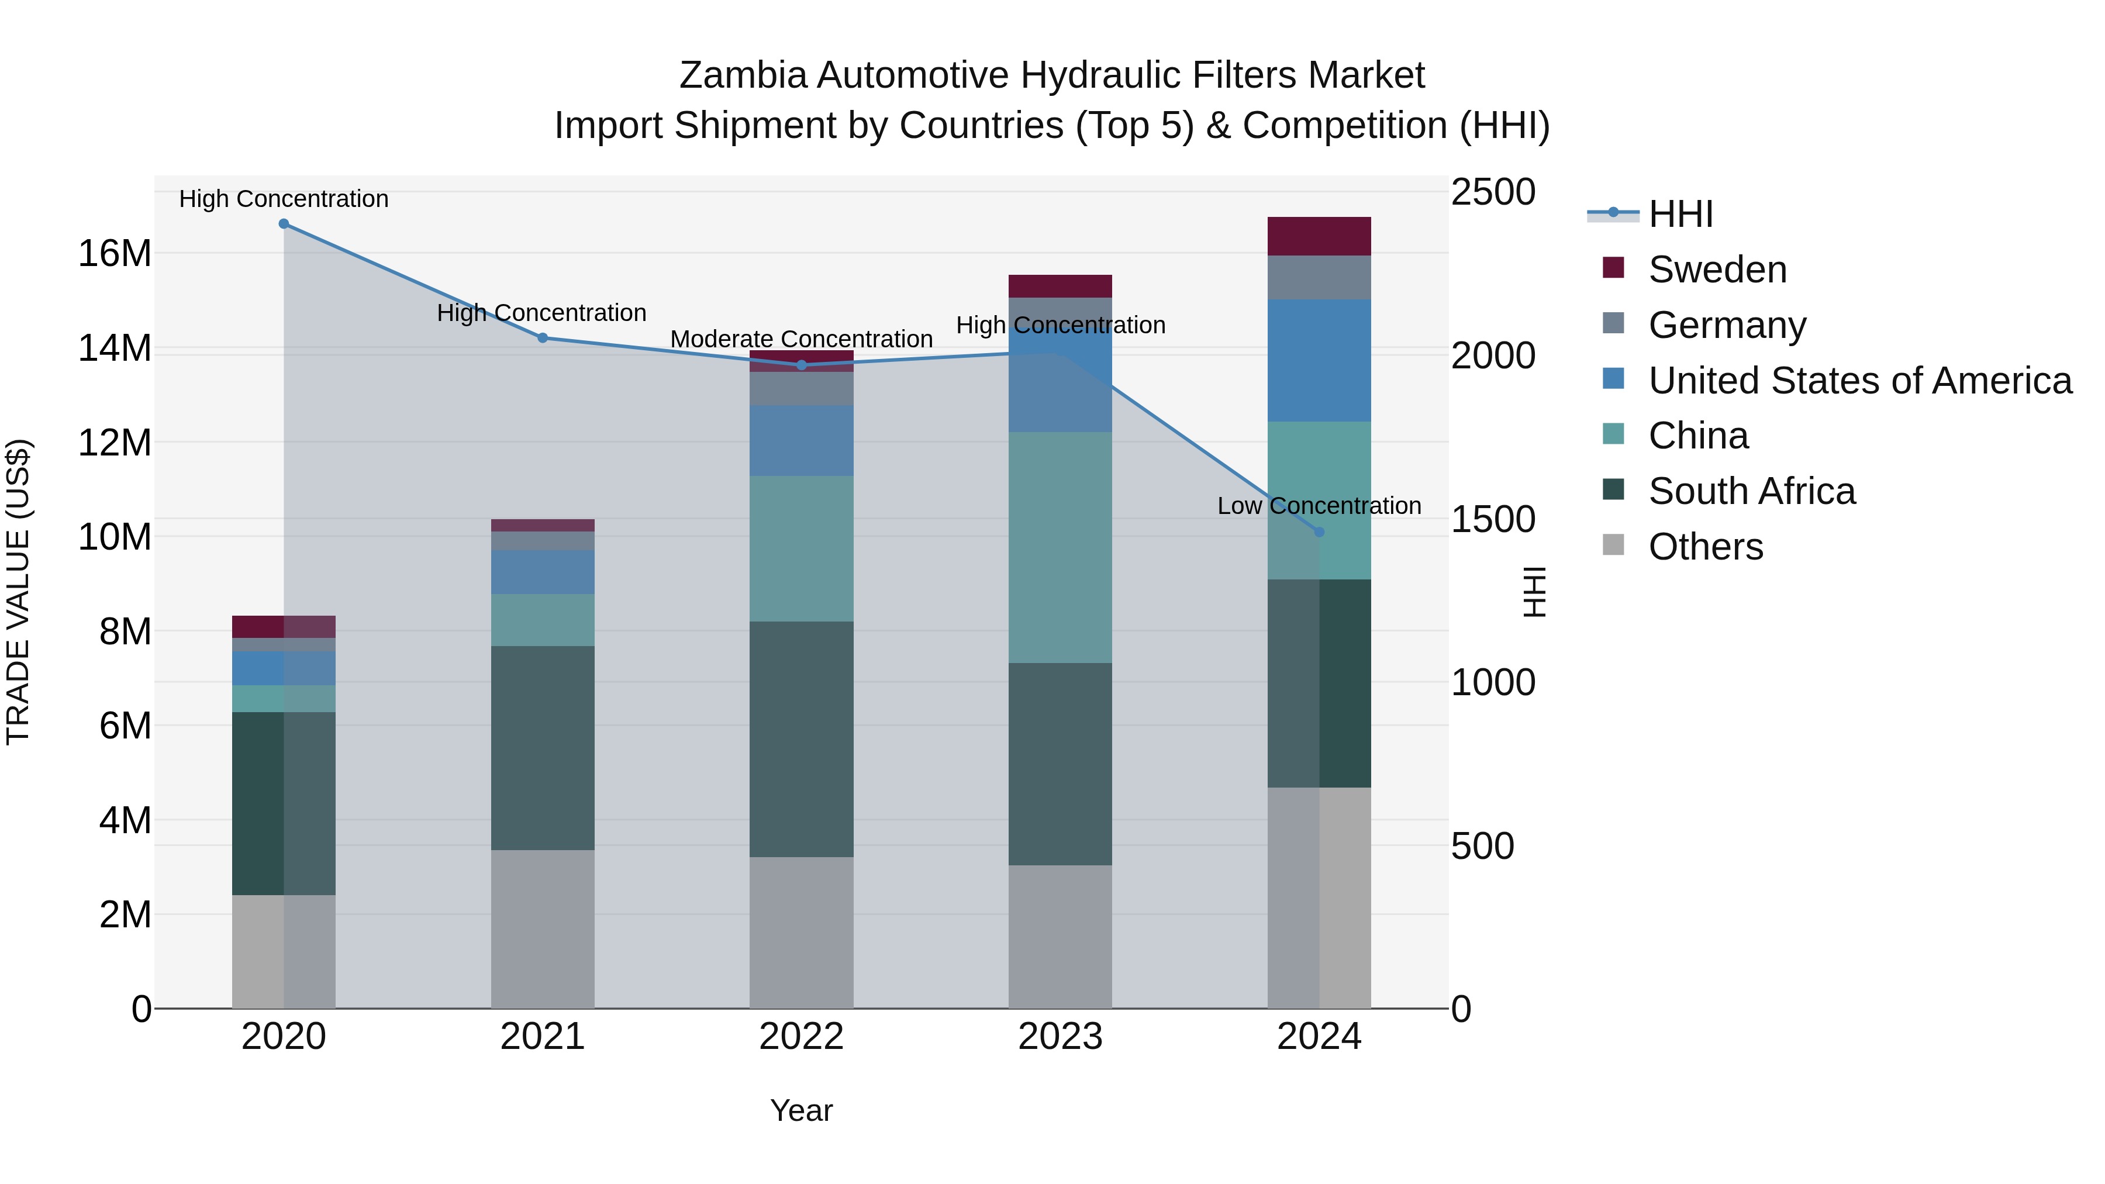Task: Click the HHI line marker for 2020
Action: (284, 224)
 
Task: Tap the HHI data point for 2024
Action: (1319, 532)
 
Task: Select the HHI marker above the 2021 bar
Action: (543, 337)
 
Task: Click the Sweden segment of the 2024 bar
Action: (1319, 236)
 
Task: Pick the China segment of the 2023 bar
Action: (1060, 547)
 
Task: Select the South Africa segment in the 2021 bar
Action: (543, 748)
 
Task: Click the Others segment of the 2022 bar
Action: (802, 933)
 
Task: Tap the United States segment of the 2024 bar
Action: (1319, 360)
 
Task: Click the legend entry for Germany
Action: (1727, 325)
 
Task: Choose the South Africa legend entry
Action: (1751, 491)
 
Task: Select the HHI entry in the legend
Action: (1680, 214)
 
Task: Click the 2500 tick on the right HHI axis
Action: (1493, 193)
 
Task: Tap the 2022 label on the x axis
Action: (802, 1037)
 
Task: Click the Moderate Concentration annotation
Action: (802, 339)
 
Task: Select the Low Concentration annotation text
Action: (1319, 506)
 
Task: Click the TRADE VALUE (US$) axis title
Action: (18, 592)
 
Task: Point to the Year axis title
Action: (802, 1110)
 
